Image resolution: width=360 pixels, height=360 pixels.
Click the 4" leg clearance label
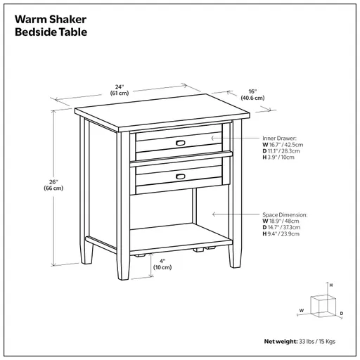pyautogui.click(x=162, y=263)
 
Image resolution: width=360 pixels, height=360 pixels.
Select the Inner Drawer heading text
pyautogui.click(x=280, y=139)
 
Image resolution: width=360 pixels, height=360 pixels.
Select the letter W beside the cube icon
pyautogui.click(x=301, y=309)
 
